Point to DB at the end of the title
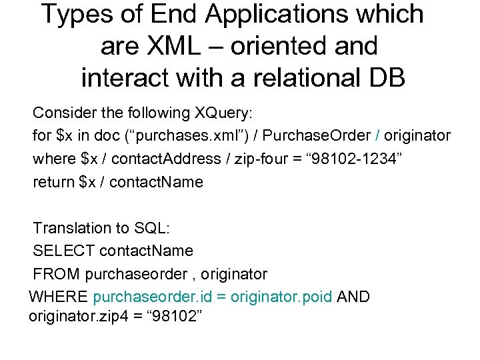[x=385, y=78]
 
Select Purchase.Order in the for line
[x=317, y=136]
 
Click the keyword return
[x=53, y=181]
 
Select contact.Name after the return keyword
[x=155, y=181]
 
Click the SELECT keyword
[x=63, y=251]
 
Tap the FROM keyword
[x=55, y=274]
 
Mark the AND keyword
[x=354, y=297]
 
